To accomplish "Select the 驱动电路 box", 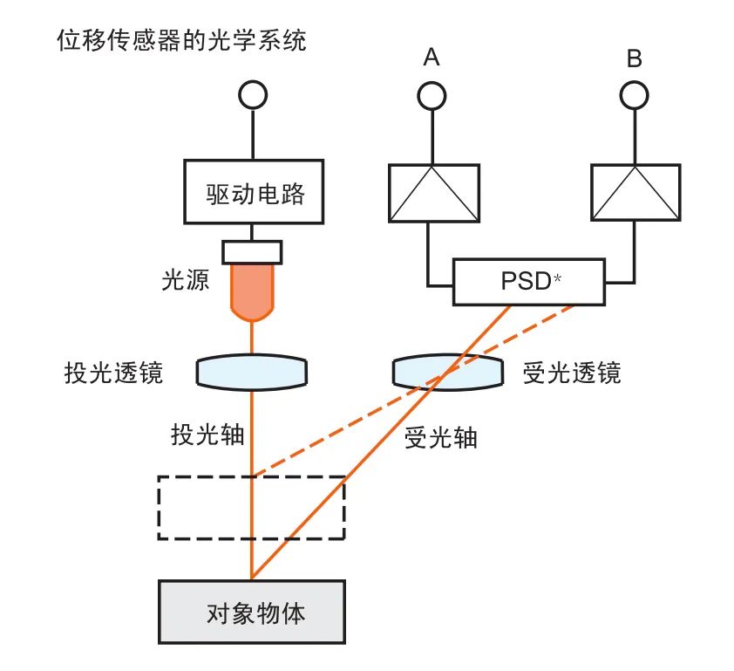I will tap(253, 191).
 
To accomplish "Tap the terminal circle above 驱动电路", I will tap(253, 94).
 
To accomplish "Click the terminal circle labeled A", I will tap(432, 94).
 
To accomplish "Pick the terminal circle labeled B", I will tap(634, 94).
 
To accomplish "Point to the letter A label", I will tap(432, 58).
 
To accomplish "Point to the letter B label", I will tap(634, 58).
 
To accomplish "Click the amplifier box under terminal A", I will tap(433, 191).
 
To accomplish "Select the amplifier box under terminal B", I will tap(635, 191).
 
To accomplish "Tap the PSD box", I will tap(528, 281).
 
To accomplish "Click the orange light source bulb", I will tap(252, 291).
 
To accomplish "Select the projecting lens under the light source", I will tap(252, 371).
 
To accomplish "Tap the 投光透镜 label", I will tap(113, 373).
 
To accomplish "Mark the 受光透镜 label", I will tap(572, 373).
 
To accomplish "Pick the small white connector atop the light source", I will tap(252, 252).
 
